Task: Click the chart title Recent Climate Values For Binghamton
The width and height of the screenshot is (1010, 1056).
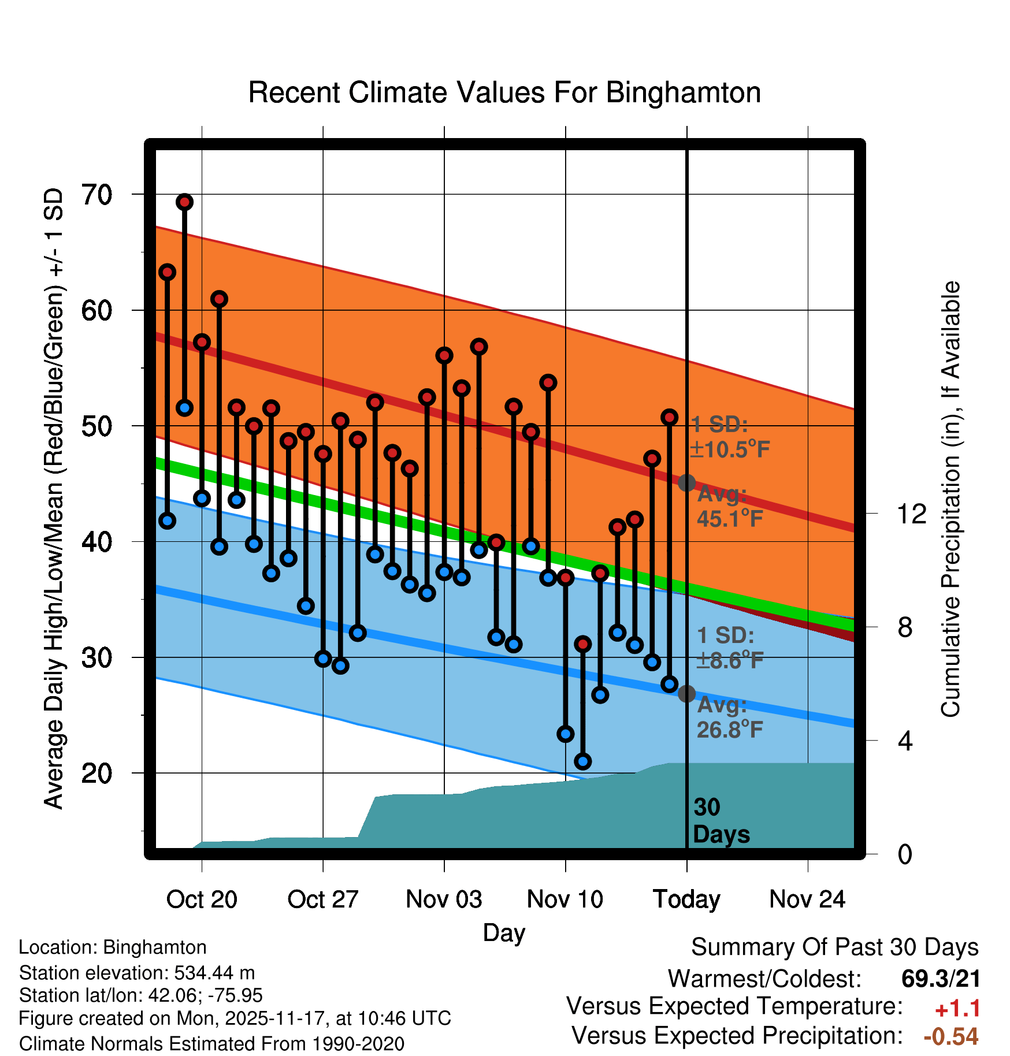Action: [504, 92]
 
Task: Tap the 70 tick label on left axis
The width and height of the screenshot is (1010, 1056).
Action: [97, 195]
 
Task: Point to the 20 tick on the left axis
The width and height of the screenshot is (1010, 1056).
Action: [97, 773]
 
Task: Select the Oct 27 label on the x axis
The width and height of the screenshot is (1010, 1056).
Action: [323, 899]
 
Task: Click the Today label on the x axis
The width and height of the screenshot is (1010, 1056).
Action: [686, 899]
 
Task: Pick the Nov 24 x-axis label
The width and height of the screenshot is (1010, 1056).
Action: [807, 899]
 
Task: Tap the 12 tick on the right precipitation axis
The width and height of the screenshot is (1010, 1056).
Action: [911, 514]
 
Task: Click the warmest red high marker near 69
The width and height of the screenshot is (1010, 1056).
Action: [184, 202]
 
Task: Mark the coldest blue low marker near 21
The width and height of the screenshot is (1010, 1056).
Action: [583, 761]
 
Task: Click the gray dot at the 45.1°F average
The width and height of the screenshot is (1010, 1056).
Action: [686, 482]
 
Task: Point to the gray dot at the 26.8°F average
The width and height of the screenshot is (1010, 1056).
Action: [686, 694]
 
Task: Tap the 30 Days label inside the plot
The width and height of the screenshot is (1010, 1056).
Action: [721, 821]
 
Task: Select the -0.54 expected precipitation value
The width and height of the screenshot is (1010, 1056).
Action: [951, 1036]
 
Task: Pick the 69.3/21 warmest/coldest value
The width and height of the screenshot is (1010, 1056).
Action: [941, 979]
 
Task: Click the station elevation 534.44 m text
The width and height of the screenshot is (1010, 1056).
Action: [137, 973]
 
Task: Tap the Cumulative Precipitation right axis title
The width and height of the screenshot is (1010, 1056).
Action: [950, 499]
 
